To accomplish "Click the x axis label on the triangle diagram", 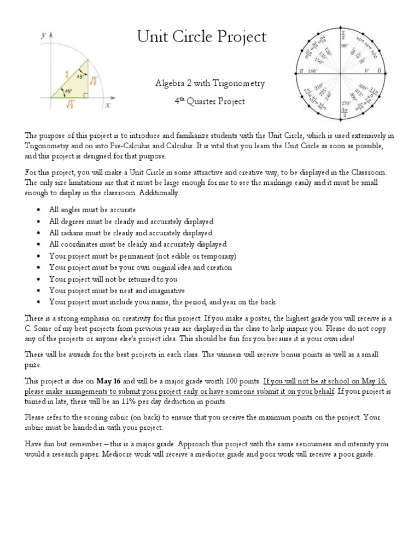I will click(108, 106).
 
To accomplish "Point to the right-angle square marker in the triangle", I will click(86, 95).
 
